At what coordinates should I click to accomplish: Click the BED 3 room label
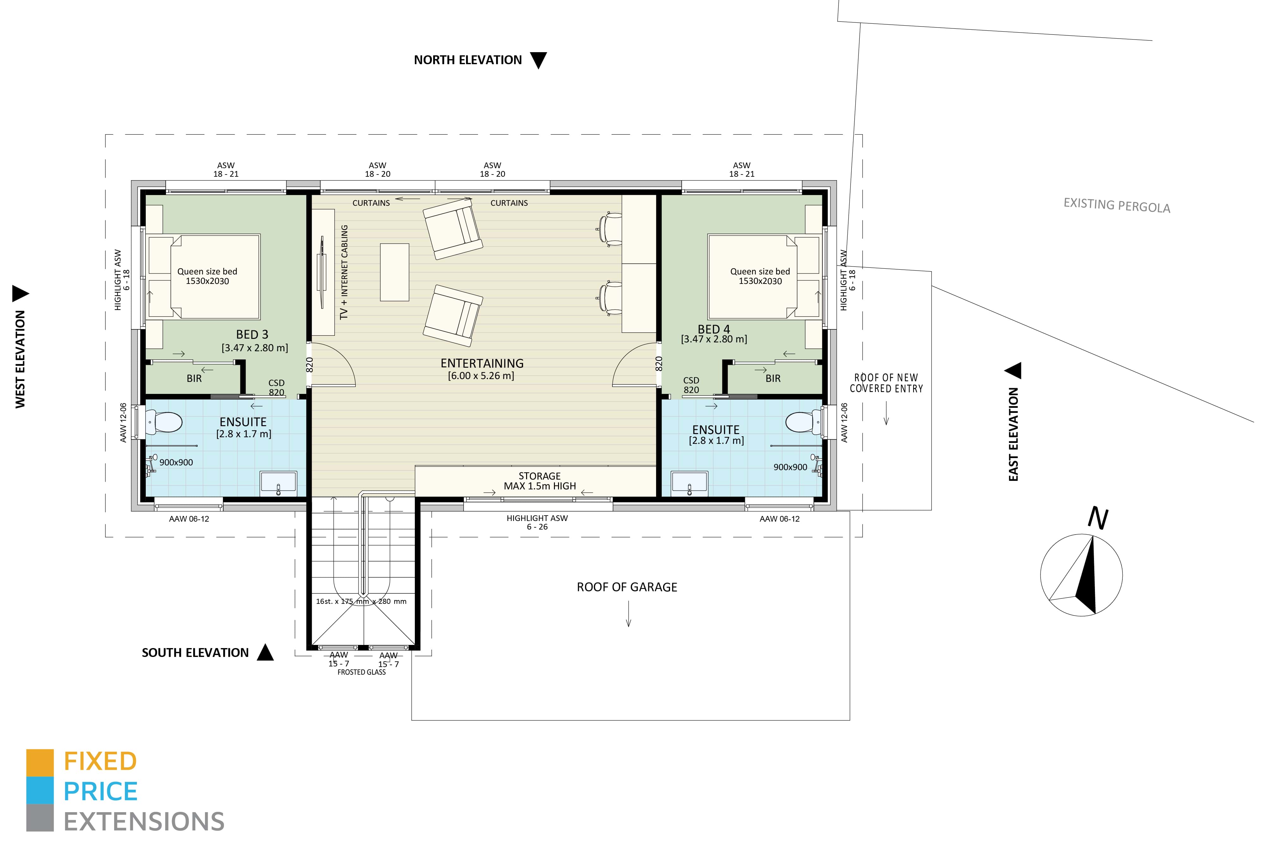pyautogui.click(x=252, y=334)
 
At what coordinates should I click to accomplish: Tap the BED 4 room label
pyautogui.click(x=714, y=329)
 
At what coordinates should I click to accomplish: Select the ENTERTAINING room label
pyautogui.click(x=482, y=363)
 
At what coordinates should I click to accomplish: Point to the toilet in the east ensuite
pyautogui.click(x=803, y=422)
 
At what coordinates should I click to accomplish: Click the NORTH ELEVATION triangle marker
pyautogui.click(x=538, y=60)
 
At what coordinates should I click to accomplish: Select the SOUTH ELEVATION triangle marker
pyautogui.click(x=266, y=652)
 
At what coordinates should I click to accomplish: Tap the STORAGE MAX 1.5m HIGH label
pyautogui.click(x=540, y=481)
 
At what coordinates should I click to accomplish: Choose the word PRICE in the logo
pyautogui.click(x=101, y=791)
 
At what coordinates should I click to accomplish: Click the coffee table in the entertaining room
pyautogui.click(x=395, y=272)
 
